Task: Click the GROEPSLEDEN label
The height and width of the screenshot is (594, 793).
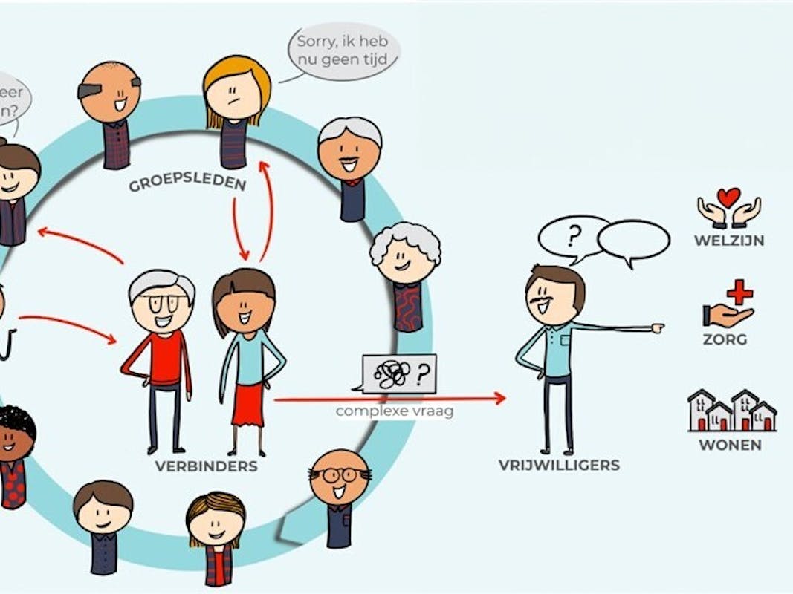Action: coord(187,181)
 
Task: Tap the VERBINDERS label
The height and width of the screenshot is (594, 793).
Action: coord(207,466)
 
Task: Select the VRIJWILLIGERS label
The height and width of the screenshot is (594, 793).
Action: coord(559,466)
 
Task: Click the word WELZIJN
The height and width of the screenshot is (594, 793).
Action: coord(729,241)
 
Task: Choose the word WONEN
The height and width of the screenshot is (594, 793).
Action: coord(730,446)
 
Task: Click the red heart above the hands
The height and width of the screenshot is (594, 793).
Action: coord(728,197)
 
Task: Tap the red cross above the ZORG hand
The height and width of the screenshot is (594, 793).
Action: coord(739,292)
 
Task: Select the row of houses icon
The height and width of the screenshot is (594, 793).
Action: coord(731,411)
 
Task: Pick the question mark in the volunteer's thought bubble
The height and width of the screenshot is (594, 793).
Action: coord(572,236)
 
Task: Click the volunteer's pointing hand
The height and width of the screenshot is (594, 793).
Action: coord(656,327)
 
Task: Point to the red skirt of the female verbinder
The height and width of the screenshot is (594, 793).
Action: coord(247,405)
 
